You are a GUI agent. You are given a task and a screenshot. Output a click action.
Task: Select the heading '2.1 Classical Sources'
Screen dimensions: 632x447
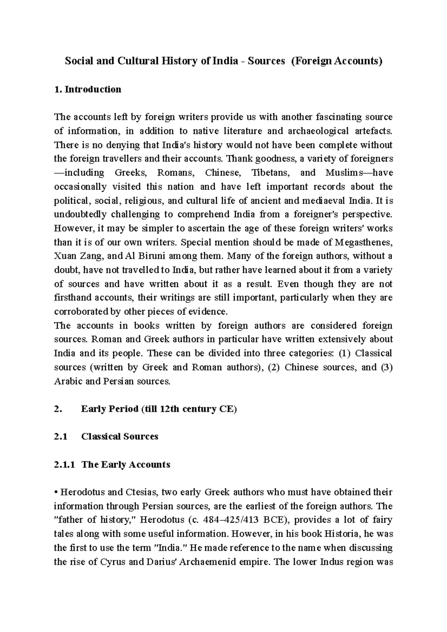point(106,436)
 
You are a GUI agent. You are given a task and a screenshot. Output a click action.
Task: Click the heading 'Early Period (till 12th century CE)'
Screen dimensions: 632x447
point(159,409)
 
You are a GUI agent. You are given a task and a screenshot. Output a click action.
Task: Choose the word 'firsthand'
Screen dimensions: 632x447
point(72,297)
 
